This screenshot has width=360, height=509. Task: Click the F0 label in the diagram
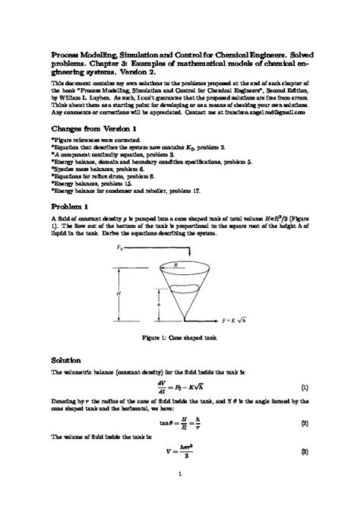120,248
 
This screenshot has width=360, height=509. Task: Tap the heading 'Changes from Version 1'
93,129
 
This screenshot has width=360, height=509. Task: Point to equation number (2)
304,422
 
